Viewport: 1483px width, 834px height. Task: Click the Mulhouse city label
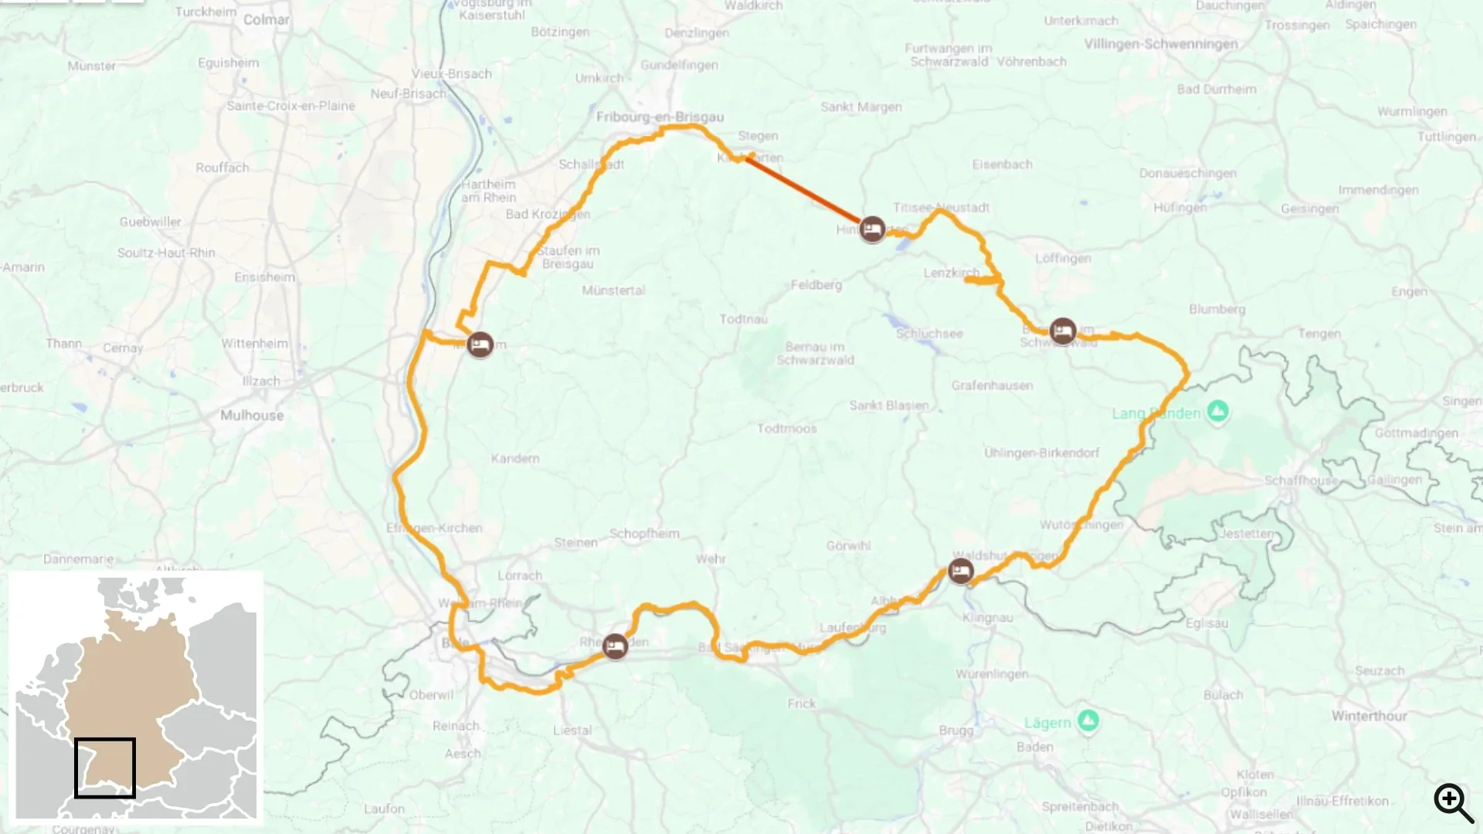tap(252, 415)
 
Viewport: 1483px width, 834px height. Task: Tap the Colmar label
tap(266, 19)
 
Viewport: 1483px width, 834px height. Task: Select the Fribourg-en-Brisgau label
tap(660, 117)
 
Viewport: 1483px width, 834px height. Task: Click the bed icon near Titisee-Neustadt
tap(872, 229)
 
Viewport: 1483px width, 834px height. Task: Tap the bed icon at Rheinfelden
tap(615, 646)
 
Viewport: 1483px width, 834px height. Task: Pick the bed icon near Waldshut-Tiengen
tap(961, 571)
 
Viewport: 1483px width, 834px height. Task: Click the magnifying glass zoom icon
tap(1453, 802)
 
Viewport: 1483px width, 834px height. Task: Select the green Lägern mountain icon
tap(1088, 721)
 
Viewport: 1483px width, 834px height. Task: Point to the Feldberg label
tap(816, 285)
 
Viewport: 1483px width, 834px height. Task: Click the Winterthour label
tap(1369, 716)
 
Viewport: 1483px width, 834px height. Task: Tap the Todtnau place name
tap(743, 319)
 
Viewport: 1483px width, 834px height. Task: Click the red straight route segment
tap(803, 190)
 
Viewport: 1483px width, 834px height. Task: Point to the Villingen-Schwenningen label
tap(1160, 44)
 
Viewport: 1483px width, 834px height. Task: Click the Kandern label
tap(515, 459)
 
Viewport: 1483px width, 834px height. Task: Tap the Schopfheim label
tap(644, 534)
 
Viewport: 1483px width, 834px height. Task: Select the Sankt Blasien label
tap(889, 405)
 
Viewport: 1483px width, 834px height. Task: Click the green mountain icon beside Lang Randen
tap(1218, 411)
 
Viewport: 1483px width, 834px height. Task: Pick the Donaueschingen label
tap(1187, 173)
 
